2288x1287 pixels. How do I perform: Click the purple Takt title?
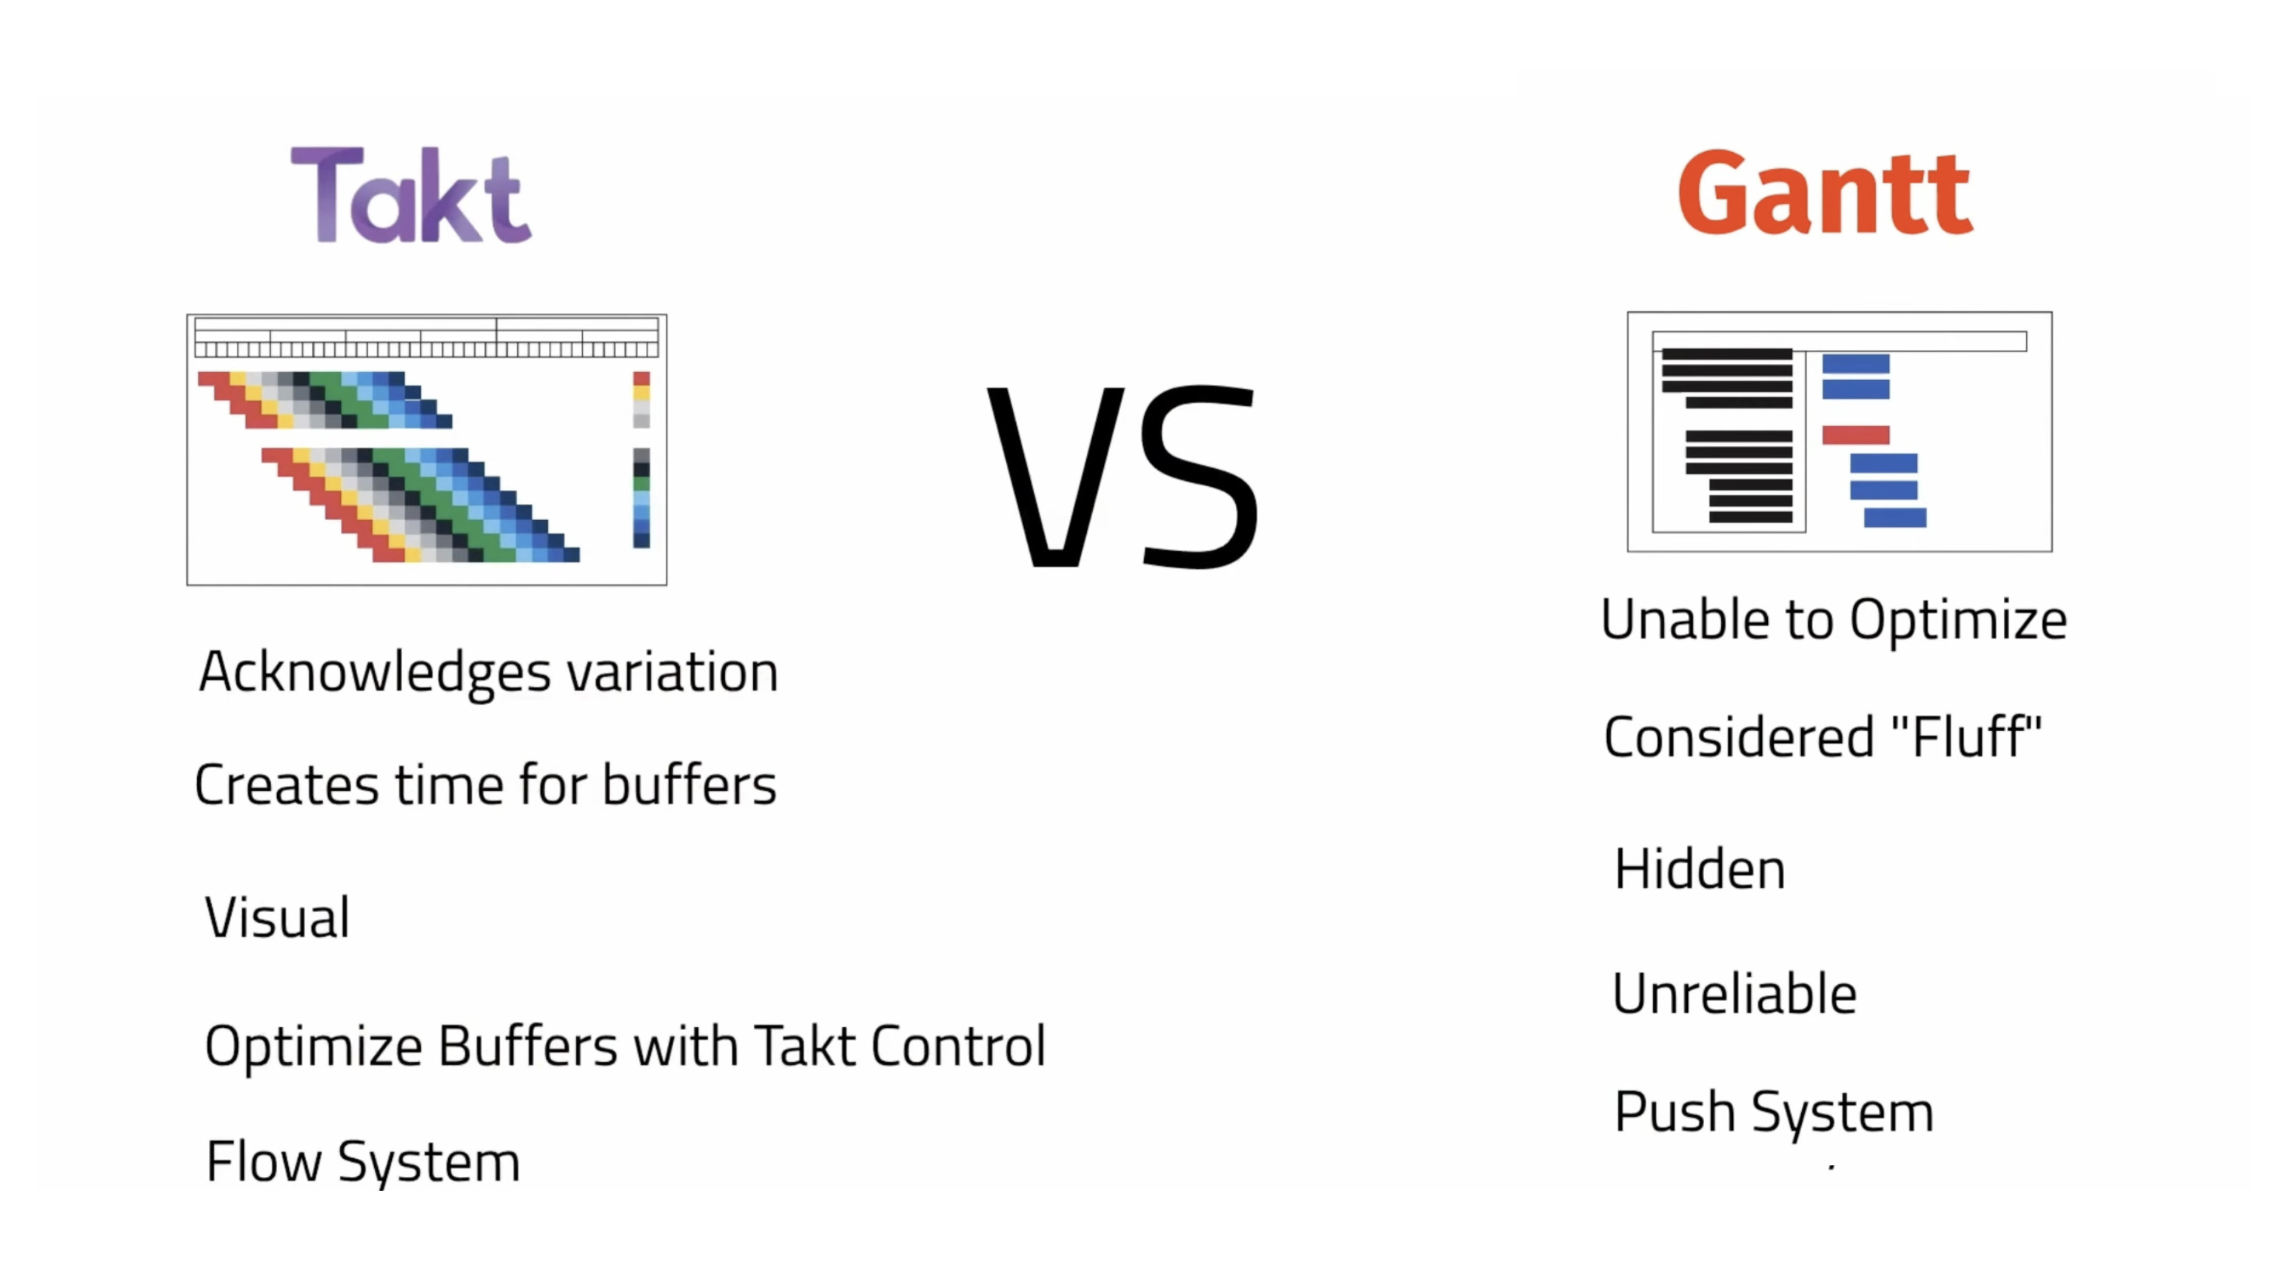(x=411, y=194)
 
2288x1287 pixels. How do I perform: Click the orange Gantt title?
(x=1824, y=192)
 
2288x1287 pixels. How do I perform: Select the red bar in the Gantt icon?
(x=1855, y=435)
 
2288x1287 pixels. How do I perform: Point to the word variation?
(x=672, y=672)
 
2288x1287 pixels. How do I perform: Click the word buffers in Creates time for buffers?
(x=689, y=784)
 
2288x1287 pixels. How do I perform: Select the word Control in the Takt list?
(x=958, y=1046)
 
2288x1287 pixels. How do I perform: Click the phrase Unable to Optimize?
(x=1833, y=619)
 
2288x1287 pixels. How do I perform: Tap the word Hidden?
(x=1699, y=869)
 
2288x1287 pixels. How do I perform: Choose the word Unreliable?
(x=1734, y=993)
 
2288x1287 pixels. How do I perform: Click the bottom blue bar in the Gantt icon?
(x=1895, y=518)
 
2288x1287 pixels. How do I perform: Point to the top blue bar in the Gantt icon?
(x=1855, y=363)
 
